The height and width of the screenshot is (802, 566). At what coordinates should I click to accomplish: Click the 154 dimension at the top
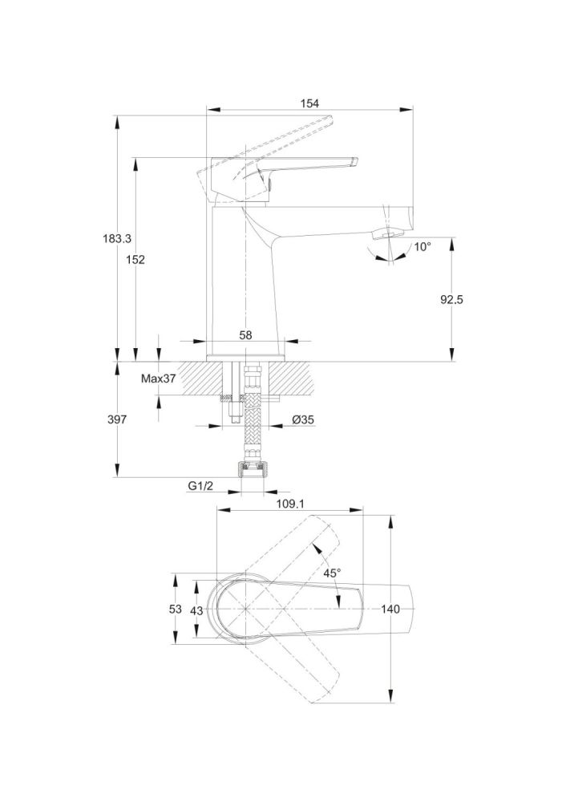(x=309, y=103)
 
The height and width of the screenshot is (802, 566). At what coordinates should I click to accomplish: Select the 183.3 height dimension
(x=117, y=238)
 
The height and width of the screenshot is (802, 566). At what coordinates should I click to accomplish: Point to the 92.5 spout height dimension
(x=452, y=299)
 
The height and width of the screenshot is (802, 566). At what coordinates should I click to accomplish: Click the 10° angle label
(x=422, y=246)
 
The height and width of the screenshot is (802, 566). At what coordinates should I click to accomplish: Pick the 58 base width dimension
(x=245, y=335)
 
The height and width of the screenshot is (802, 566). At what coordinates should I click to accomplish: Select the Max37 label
(x=158, y=379)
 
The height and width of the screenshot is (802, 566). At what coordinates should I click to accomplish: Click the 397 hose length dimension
(x=117, y=419)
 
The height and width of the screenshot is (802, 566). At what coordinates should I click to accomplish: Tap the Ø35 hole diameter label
(x=303, y=419)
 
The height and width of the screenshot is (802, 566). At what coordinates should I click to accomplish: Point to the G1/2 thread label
(x=200, y=487)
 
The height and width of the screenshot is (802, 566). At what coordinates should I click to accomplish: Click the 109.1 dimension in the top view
(x=290, y=504)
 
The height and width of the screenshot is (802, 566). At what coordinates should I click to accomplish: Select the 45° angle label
(x=332, y=573)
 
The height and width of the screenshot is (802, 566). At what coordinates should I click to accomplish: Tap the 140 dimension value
(x=390, y=610)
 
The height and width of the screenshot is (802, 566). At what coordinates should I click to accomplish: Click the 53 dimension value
(x=176, y=610)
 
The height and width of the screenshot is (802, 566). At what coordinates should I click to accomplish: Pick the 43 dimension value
(x=196, y=610)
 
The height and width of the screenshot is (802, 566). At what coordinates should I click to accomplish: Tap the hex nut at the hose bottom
(x=251, y=469)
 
